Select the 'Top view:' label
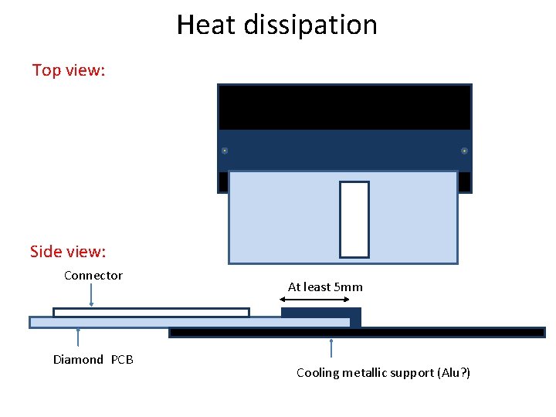[x=69, y=70]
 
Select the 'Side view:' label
[x=68, y=252]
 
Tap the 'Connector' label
[x=93, y=276]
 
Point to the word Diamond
[x=78, y=359]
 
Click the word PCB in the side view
[x=122, y=359]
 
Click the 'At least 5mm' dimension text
[x=325, y=287]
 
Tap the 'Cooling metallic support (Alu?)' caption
[x=383, y=373]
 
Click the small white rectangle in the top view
[x=354, y=219]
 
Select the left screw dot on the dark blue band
[x=224, y=151]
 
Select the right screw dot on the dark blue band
[x=464, y=151]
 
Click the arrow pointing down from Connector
[x=92, y=296]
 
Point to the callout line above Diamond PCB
[x=78, y=340]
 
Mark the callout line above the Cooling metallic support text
[x=331, y=348]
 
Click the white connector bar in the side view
[x=151, y=313]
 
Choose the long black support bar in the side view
[x=432, y=333]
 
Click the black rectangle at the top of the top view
[x=344, y=107]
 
